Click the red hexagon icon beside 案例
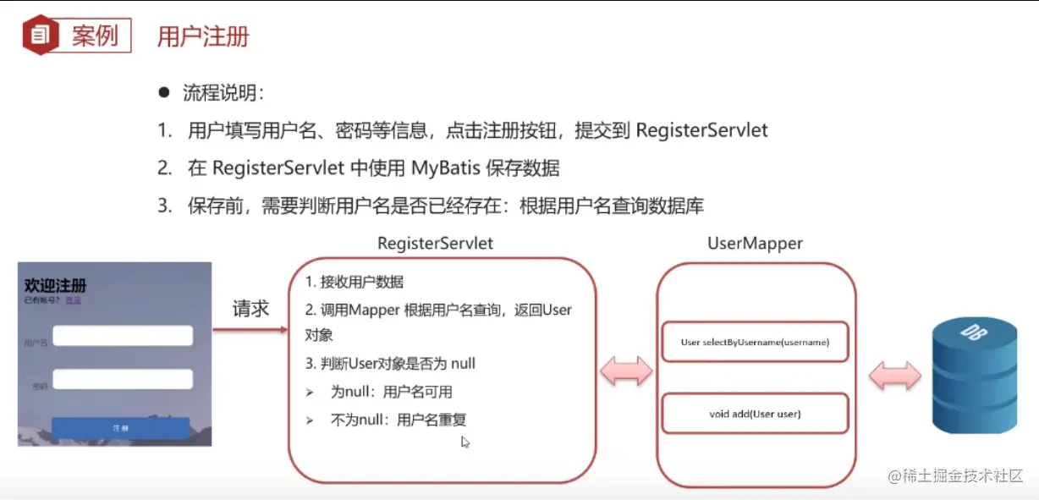(40, 35)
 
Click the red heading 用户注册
(203, 36)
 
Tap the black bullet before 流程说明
(164, 92)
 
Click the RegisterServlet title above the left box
(435, 244)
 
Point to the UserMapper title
(755, 244)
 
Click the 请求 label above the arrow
(250, 309)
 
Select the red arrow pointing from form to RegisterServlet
(250, 329)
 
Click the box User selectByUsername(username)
(754, 343)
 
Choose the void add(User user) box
(754, 414)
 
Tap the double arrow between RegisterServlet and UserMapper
(626, 371)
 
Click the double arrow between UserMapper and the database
(895, 375)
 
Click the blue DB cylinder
(974, 376)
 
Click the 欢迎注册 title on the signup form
(56, 285)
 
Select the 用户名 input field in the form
(123, 336)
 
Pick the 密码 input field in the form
(123, 379)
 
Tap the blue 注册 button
(121, 429)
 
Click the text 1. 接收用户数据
(355, 283)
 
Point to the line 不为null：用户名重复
(398, 420)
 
